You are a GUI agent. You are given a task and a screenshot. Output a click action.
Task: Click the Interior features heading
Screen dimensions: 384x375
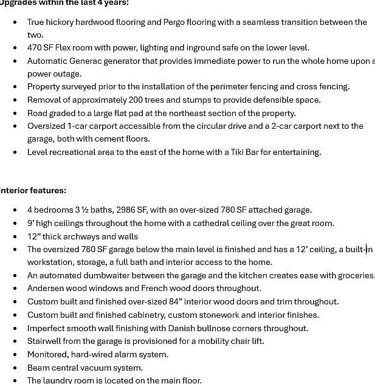click(x=33, y=190)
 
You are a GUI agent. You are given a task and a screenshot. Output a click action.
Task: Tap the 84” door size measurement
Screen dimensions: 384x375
click(x=176, y=301)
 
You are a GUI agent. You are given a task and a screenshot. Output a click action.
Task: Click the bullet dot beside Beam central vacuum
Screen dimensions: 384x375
click(x=15, y=368)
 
